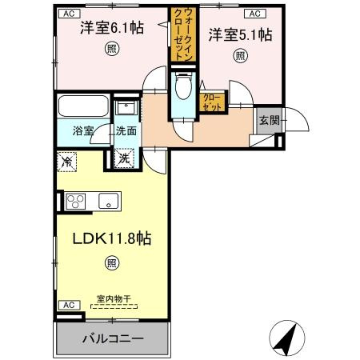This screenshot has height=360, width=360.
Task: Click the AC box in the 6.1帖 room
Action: (x=69, y=14)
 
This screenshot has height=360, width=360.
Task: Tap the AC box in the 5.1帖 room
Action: (x=255, y=14)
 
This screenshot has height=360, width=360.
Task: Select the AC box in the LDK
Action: (x=69, y=305)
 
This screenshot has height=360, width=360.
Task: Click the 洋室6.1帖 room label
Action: (x=112, y=28)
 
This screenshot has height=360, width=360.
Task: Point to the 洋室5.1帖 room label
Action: (x=240, y=34)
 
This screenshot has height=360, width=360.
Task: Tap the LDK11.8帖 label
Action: (x=112, y=238)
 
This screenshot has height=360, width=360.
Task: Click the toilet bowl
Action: (x=183, y=86)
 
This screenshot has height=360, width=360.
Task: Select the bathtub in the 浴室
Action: (x=83, y=106)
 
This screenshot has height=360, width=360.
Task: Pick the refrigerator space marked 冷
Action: (x=66, y=162)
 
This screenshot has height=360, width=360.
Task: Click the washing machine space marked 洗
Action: (x=124, y=158)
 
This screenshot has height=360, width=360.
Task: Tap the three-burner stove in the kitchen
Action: (x=76, y=201)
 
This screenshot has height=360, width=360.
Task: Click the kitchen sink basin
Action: (x=109, y=201)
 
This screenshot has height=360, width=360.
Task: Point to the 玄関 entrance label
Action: (x=270, y=121)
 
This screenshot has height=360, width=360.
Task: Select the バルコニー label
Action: (x=113, y=338)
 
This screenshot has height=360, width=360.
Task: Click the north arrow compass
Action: (x=287, y=338)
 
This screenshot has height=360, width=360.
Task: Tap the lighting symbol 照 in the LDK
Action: (x=112, y=263)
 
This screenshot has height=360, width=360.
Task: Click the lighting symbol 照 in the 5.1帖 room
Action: (x=240, y=56)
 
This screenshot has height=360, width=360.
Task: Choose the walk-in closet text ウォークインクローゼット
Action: (x=183, y=34)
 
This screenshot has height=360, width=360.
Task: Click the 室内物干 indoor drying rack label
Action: (x=114, y=299)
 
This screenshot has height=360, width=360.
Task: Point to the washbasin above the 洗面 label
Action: (x=126, y=108)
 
